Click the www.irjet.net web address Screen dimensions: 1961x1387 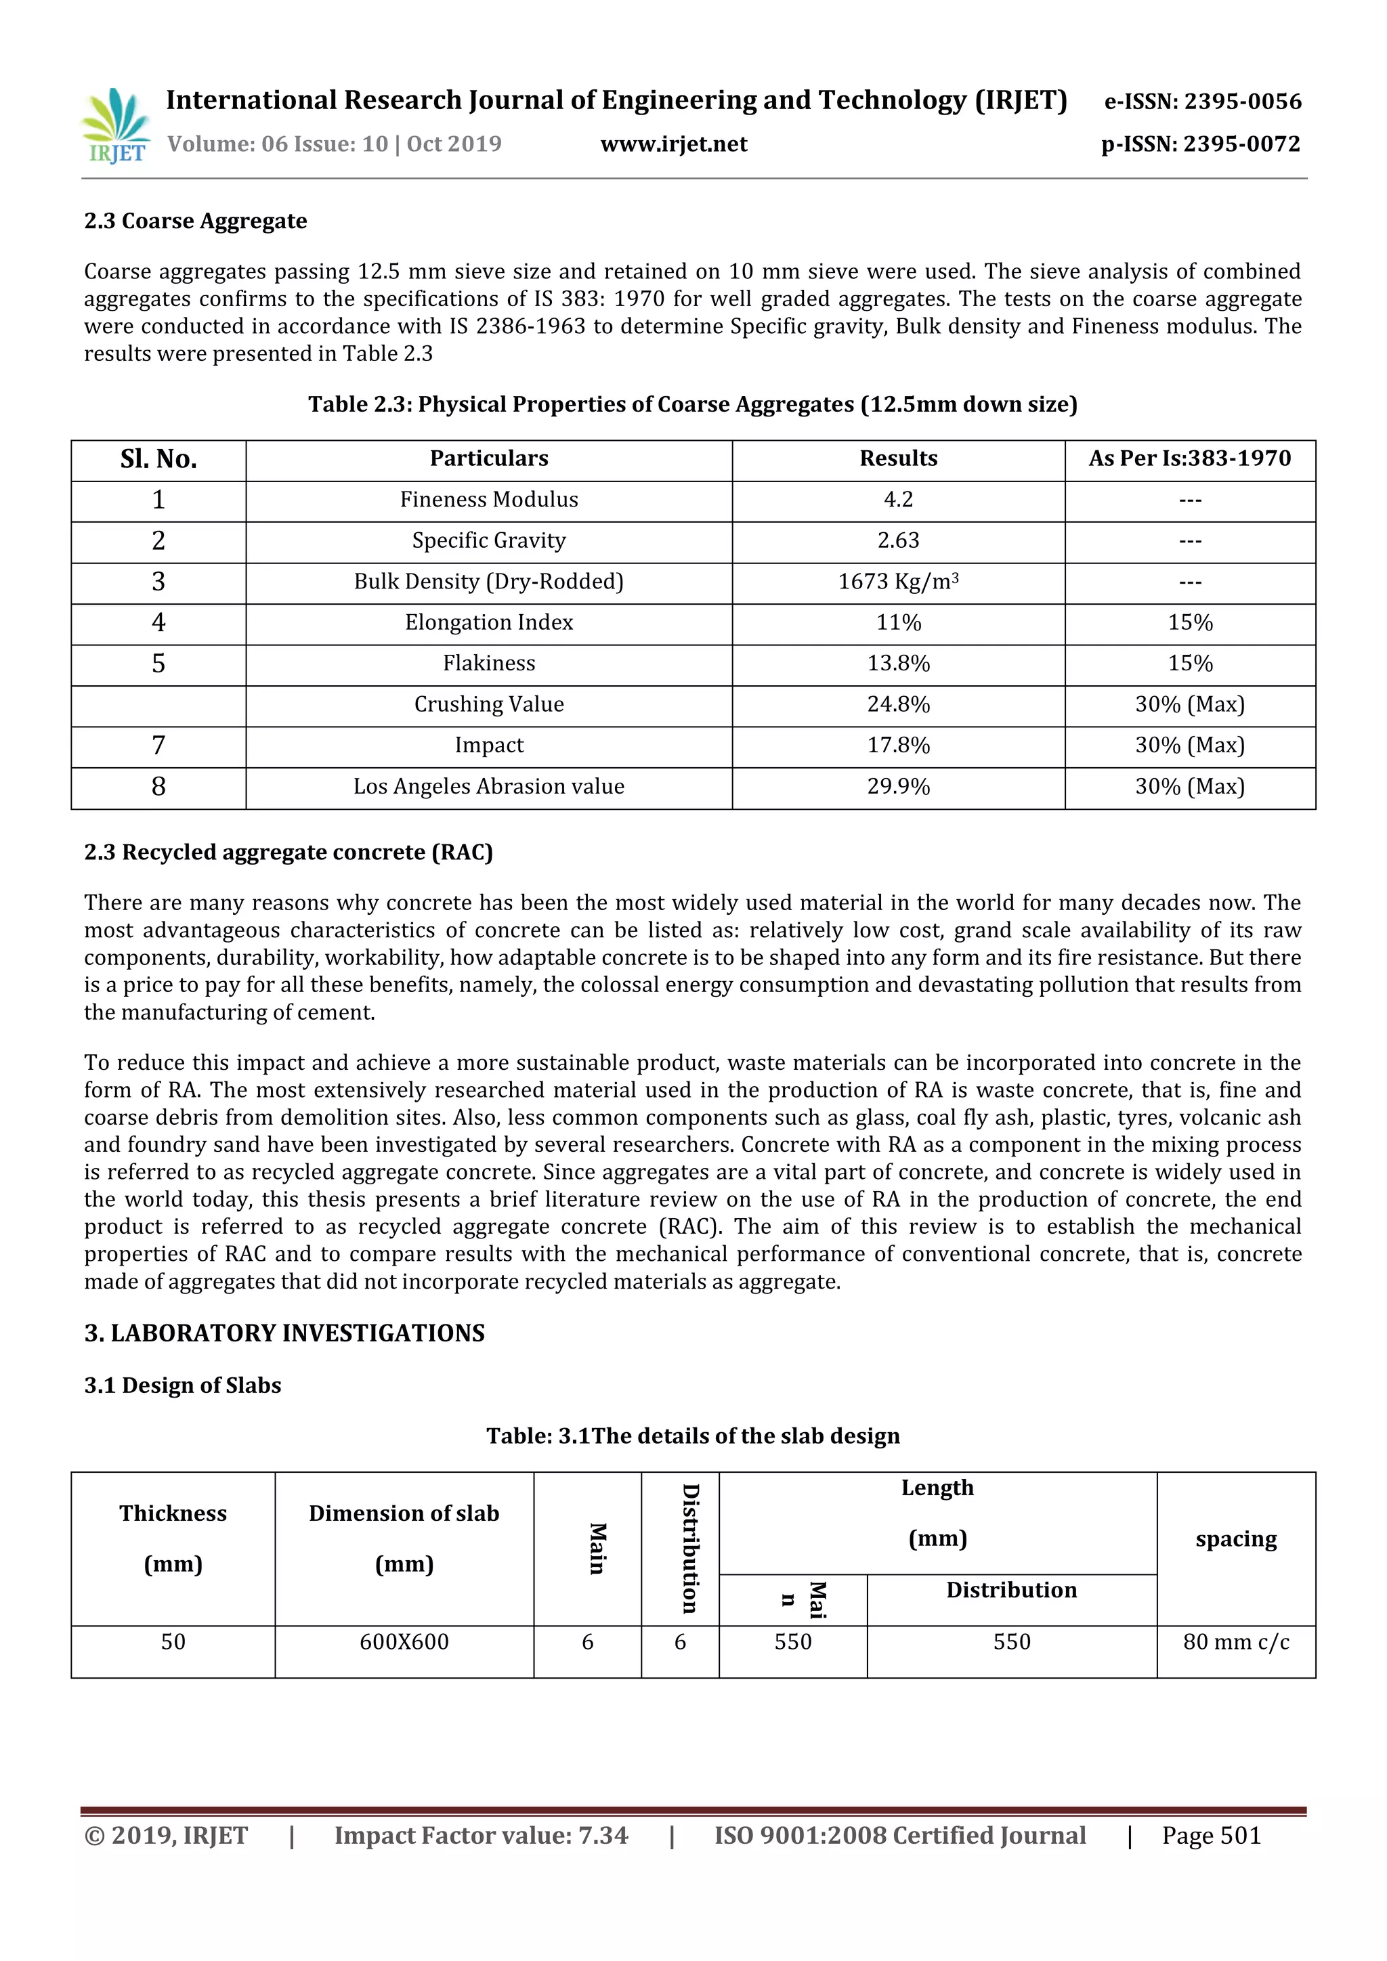pos(673,144)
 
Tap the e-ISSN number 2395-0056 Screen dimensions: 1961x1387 pos(1203,102)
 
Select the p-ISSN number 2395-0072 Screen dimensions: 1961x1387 pos(1200,144)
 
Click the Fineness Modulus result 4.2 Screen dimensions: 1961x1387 pos(897,500)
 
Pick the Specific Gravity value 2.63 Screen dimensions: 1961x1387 pos(897,540)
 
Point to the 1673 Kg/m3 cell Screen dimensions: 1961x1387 pos(897,582)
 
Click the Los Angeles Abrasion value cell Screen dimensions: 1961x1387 pos(488,787)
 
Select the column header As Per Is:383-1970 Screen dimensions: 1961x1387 pos(1189,458)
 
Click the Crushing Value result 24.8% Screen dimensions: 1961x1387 pos(897,705)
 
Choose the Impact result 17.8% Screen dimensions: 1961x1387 pos(897,746)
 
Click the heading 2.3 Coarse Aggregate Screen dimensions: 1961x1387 pos(196,221)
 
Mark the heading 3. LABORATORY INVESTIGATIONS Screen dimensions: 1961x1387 pos(284,1333)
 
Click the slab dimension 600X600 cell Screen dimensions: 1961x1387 pos(404,1641)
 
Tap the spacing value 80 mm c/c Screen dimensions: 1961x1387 pos(1235,1641)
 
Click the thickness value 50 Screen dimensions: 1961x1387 pos(173,1641)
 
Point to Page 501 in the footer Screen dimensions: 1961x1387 pos(1211,1836)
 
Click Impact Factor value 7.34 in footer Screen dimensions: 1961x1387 pos(481,1836)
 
